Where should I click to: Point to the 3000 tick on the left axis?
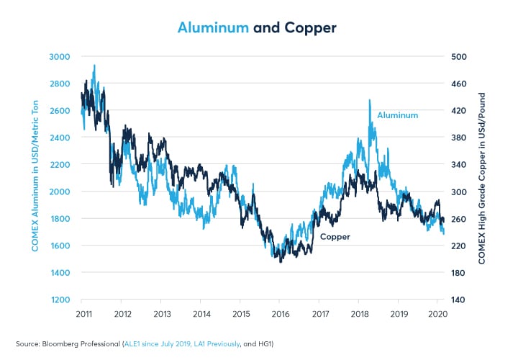60,56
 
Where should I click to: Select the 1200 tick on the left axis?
60,300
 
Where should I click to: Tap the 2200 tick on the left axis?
60,164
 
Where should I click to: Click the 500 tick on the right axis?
459,56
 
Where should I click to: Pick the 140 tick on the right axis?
459,300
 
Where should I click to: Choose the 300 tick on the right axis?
459,192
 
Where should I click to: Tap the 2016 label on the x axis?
281,315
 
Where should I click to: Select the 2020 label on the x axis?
438,315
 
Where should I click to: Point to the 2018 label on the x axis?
360,315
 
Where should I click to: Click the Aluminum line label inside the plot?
397,114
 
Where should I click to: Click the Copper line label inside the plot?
335,236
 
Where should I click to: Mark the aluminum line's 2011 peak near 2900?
94,66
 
